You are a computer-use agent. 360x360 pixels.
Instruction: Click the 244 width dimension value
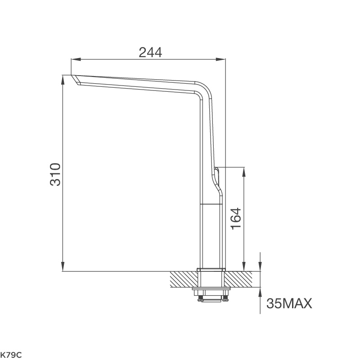click(x=150, y=52)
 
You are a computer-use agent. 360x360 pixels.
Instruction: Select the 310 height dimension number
click(x=55, y=174)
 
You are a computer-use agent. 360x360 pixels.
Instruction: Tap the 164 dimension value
click(x=236, y=219)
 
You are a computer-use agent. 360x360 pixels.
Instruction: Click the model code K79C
click(x=11, y=355)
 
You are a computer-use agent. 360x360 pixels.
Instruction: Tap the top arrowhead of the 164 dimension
click(x=244, y=171)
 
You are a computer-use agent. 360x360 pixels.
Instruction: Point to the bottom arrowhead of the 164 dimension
click(x=244, y=267)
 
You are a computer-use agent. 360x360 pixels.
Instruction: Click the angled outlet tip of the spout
click(x=75, y=80)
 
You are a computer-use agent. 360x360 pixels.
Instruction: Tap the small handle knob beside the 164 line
click(x=216, y=171)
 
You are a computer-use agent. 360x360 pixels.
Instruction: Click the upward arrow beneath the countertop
click(x=260, y=292)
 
